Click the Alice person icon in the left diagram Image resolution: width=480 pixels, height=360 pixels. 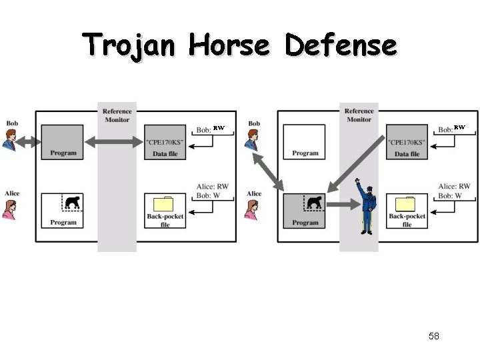tap(11, 207)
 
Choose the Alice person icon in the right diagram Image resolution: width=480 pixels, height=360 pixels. tap(253, 207)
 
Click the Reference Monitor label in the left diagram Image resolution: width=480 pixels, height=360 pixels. tap(117, 115)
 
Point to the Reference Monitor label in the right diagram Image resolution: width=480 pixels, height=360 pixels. tap(359, 115)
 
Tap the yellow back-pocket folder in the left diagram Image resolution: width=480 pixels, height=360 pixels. tap(164, 204)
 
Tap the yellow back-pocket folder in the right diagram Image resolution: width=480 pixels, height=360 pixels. tap(406, 204)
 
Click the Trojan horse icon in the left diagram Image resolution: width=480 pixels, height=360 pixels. tap(72, 201)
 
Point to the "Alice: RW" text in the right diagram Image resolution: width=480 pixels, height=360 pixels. tap(455, 186)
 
